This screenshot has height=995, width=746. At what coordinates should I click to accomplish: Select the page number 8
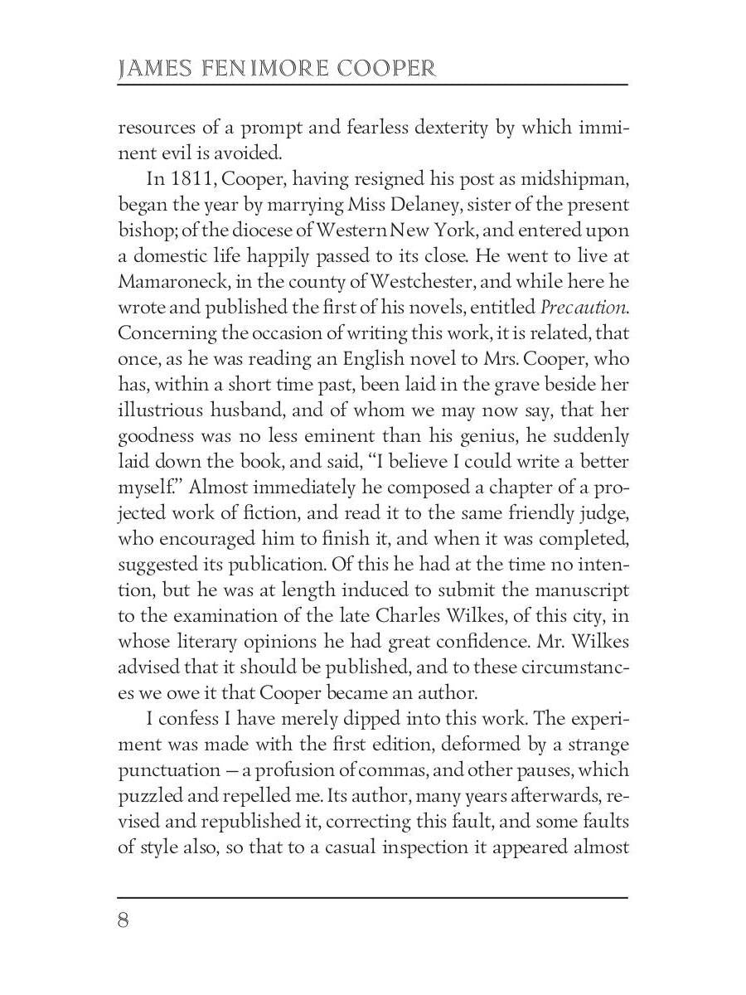[124, 921]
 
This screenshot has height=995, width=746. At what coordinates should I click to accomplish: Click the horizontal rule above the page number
[373, 897]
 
